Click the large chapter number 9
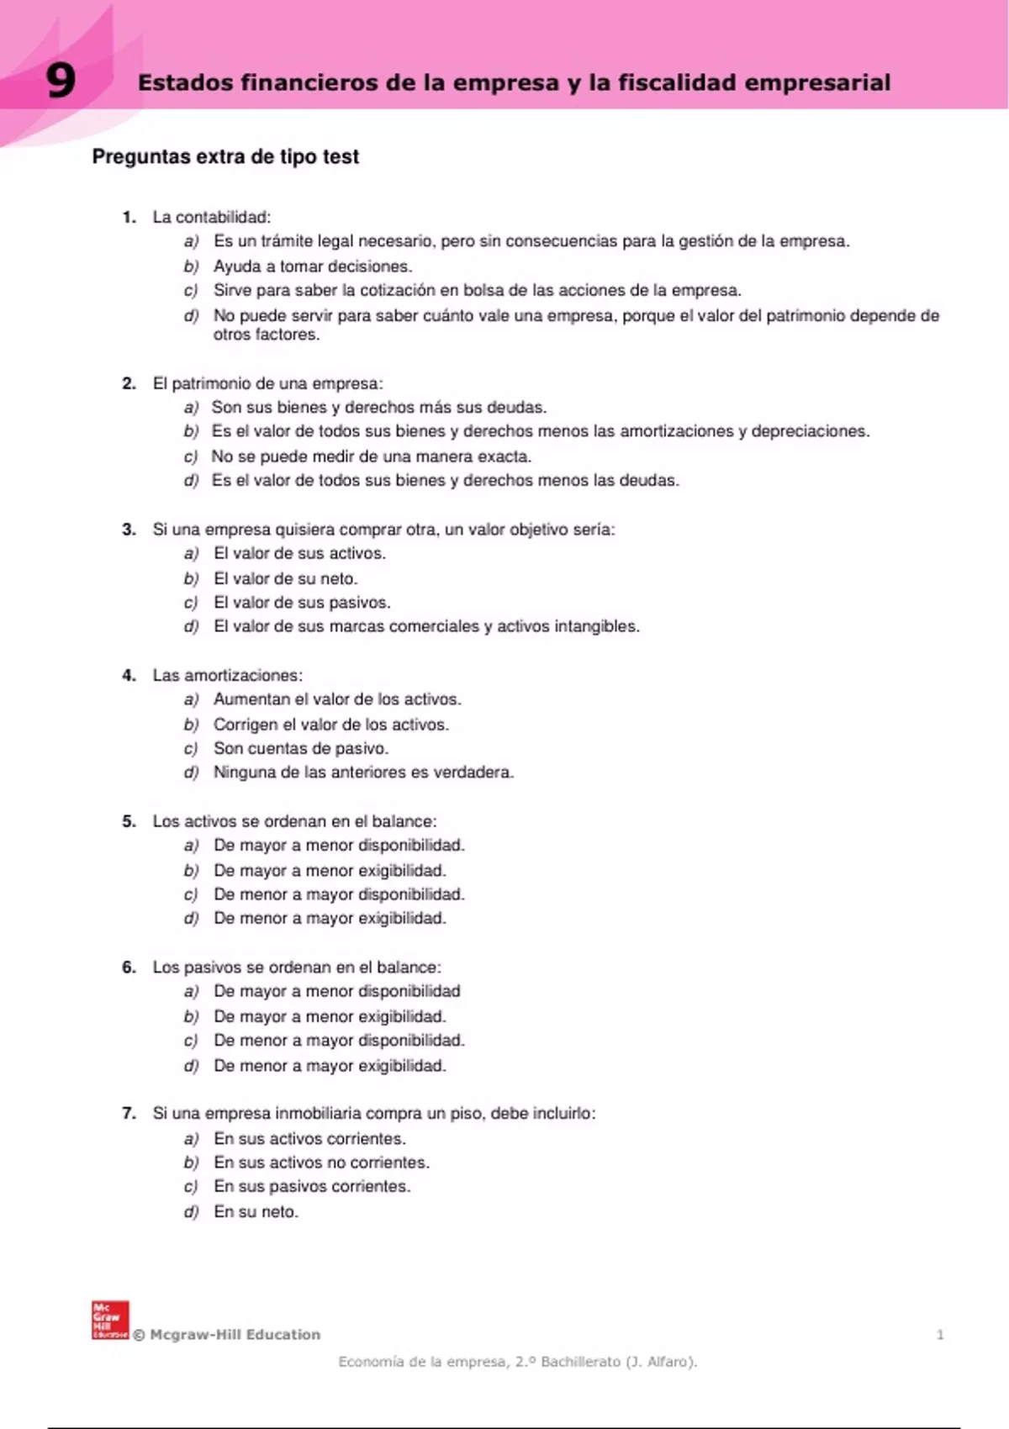pos(61,82)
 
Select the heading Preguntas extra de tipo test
pos(225,156)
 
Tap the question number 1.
pos(129,217)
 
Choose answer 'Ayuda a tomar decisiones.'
pos(313,266)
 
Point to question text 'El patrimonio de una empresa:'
pos(267,383)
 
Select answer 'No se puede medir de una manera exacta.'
pos(372,456)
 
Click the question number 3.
pos(129,530)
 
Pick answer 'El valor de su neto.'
pos(286,578)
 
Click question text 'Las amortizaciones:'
pos(227,675)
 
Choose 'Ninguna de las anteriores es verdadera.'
pos(363,773)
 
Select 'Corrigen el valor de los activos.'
pos(331,725)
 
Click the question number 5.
pos(129,821)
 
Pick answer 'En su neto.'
pos(256,1212)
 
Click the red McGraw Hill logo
pos(110,1320)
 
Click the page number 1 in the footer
pos(940,1334)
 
